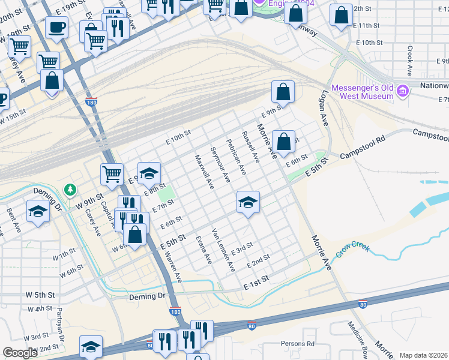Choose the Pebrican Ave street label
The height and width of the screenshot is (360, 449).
tap(236, 156)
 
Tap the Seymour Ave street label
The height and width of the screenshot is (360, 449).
tap(220, 164)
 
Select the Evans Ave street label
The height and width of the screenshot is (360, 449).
tap(203, 250)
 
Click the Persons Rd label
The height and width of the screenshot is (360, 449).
tap(298, 344)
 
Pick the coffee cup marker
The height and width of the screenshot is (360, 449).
tap(56, 27)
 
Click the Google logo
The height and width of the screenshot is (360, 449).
tap(20, 353)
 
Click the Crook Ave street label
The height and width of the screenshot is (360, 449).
tap(410, 61)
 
